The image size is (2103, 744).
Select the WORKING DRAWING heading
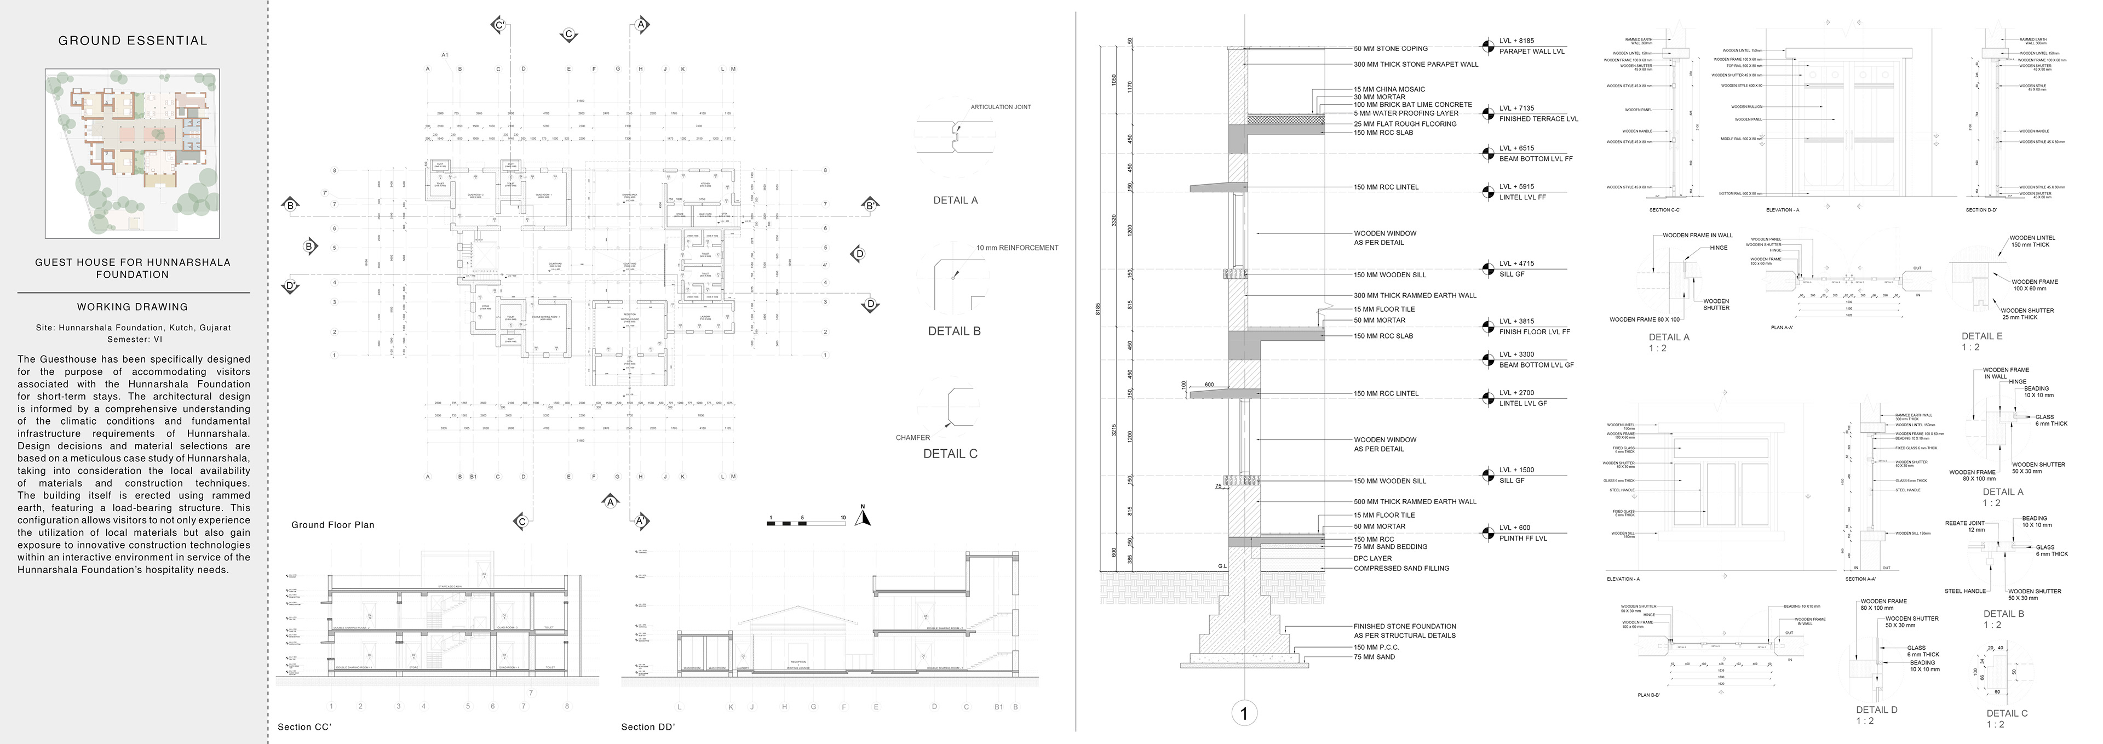coord(132,307)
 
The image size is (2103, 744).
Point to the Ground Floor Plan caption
coord(332,525)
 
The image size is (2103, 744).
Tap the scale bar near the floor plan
coord(806,521)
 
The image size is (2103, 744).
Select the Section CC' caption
coord(304,727)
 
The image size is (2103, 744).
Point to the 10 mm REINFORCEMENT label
coord(1016,248)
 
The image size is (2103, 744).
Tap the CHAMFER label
coord(913,438)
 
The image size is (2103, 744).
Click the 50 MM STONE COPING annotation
coord(1390,49)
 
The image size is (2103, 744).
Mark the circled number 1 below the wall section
coord(1243,714)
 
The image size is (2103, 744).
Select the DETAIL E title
coord(1981,336)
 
